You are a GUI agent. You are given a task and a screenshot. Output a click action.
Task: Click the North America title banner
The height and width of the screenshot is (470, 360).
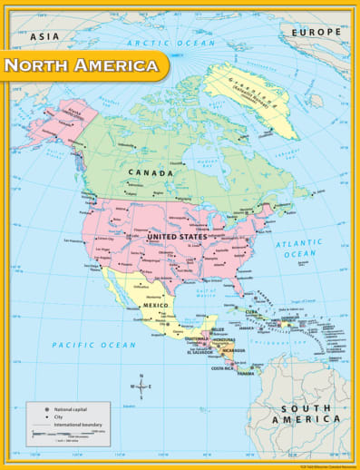pos(82,65)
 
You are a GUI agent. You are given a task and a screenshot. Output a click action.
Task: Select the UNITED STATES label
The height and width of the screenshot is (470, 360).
pos(177,237)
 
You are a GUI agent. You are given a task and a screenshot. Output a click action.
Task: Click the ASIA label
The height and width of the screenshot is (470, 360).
pos(44,36)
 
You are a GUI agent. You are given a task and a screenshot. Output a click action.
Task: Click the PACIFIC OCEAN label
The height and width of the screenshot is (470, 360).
pos(93,345)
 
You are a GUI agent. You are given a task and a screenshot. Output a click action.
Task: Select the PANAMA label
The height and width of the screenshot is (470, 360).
pos(246,373)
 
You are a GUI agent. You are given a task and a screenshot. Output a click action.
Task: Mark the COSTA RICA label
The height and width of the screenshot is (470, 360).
pos(223,368)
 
